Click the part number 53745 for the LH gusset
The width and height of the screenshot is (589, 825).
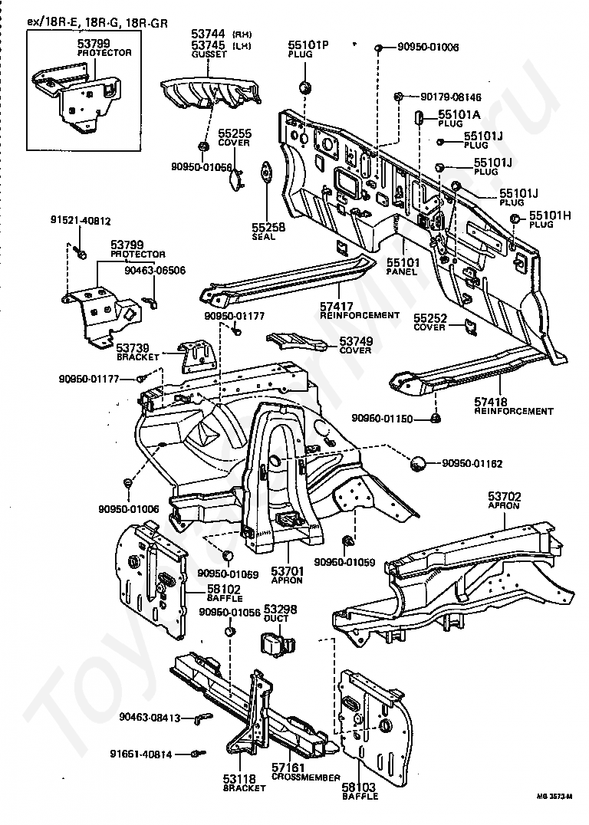[208, 46]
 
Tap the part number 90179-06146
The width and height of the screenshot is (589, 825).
[451, 97]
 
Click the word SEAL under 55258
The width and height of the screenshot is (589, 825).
[264, 237]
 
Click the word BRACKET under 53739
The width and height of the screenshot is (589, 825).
[137, 357]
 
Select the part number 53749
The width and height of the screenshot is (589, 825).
[356, 340]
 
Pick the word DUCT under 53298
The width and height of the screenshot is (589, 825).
[276, 616]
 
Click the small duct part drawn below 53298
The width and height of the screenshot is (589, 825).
[275, 642]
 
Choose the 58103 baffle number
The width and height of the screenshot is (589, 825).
[360, 787]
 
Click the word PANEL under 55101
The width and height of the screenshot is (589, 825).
[400, 272]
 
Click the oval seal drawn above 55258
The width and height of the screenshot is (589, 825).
[266, 173]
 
